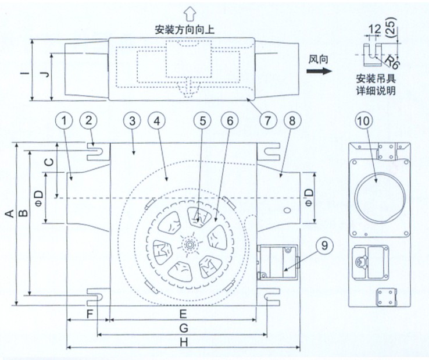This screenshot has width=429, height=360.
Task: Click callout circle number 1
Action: (65, 121)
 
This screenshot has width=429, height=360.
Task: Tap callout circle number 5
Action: (202, 121)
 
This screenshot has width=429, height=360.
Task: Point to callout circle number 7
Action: (267, 121)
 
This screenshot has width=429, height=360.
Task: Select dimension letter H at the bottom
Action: (184, 344)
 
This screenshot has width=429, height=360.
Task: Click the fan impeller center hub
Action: (189, 245)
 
